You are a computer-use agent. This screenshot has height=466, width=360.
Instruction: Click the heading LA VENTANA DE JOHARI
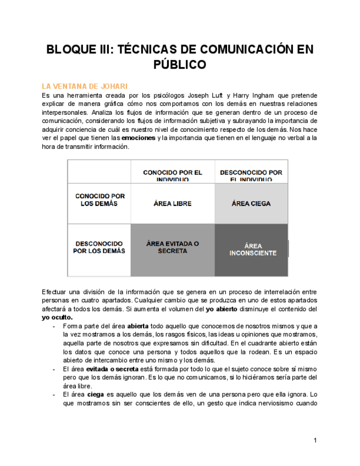click(85, 86)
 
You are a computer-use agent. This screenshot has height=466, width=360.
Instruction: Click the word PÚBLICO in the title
click(180, 65)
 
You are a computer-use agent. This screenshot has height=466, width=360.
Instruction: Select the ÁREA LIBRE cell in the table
click(173, 203)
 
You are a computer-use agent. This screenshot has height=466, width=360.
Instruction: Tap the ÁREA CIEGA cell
click(251, 203)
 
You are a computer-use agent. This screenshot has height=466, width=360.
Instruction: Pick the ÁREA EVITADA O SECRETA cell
click(173, 247)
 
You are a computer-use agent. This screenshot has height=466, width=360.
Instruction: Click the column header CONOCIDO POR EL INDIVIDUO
click(173, 175)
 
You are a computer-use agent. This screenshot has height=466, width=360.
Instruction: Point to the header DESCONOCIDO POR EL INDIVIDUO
click(251, 175)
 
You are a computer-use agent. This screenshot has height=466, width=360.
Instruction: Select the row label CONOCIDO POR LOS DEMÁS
click(99, 199)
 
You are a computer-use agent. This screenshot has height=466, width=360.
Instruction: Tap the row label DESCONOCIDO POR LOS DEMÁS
click(99, 247)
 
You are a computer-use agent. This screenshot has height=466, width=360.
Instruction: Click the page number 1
click(315, 440)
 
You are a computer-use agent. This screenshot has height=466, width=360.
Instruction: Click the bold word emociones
click(139, 138)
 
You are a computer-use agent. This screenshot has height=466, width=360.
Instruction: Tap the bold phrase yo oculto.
click(57, 317)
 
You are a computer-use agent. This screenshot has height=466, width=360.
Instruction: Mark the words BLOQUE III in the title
click(77, 49)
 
